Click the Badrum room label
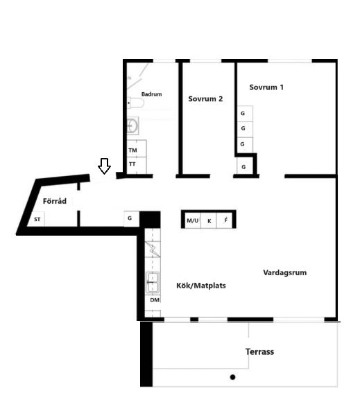point(151,94)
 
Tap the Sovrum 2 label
point(205,98)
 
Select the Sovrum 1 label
point(266,87)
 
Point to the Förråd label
point(55,201)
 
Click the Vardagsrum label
point(285,272)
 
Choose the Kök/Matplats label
point(201,286)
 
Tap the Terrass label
point(259,351)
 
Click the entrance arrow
point(104,166)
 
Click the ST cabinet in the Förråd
point(37,219)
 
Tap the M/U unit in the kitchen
point(193,220)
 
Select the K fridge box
point(209,220)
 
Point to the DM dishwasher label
point(155,300)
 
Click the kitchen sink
point(153,282)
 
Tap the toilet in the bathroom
point(136,103)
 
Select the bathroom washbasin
point(133,125)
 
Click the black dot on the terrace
point(233,377)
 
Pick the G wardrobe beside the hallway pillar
point(132,218)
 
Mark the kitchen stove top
point(153,250)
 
